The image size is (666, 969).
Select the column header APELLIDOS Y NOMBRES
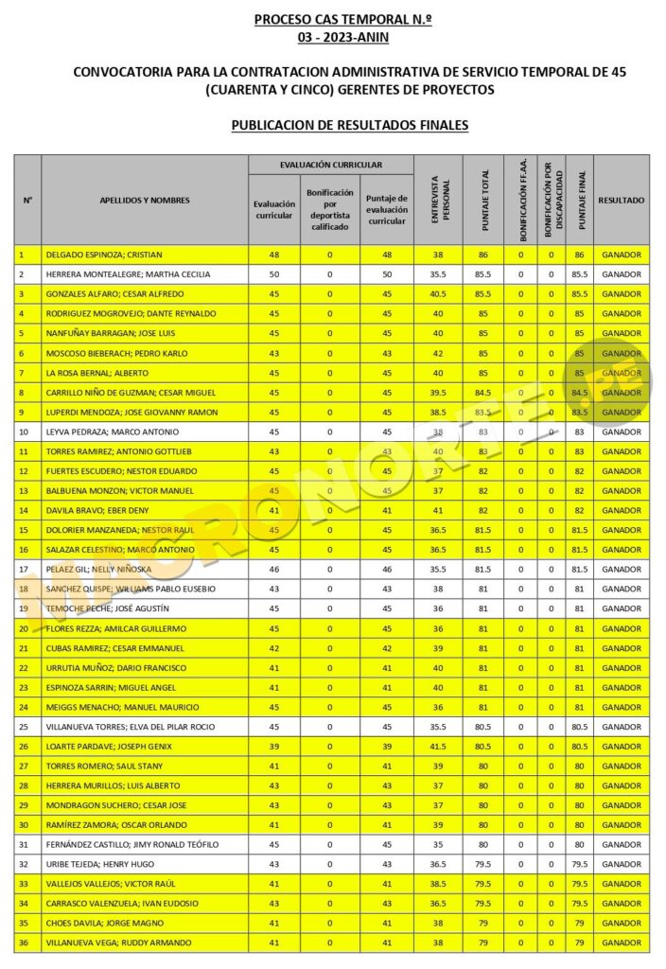click(x=145, y=201)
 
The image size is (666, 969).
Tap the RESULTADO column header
click(x=622, y=201)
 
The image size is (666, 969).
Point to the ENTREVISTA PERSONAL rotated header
click(x=438, y=201)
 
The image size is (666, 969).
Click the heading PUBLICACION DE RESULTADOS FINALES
click(x=349, y=124)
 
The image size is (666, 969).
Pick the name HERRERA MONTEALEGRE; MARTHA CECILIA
click(x=129, y=274)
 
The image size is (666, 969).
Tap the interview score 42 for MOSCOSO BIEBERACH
click(x=438, y=353)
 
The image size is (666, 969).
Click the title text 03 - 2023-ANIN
click(x=342, y=38)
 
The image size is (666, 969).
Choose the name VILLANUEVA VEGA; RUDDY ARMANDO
click(x=118, y=943)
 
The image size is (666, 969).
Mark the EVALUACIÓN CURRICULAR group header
click(x=330, y=165)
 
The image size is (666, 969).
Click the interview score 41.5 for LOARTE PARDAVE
click(x=438, y=746)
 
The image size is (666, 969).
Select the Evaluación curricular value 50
click(x=274, y=274)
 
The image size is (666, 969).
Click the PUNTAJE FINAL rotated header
click(x=581, y=201)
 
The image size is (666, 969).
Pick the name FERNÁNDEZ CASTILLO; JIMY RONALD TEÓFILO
click(x=132, y=844)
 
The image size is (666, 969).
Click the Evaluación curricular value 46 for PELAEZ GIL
click(x=274, y=569)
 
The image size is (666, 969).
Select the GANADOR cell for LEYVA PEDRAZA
click(x=622, y=432)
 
